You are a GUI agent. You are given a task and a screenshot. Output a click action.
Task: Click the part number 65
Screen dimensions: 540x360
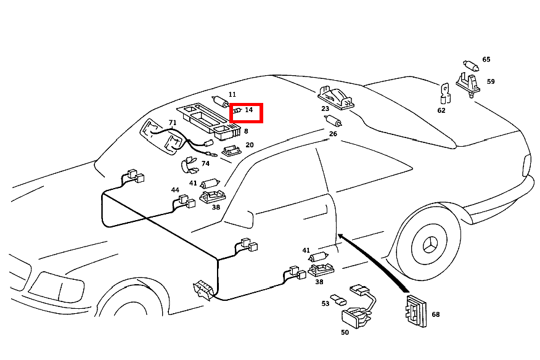pos(486,59)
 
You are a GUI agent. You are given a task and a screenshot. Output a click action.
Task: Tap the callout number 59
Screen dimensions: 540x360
pos(491,81)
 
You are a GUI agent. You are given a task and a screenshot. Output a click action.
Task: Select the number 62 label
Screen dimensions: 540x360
pos(441,110)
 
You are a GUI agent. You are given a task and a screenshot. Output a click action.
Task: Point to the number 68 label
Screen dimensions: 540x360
pos(436,314)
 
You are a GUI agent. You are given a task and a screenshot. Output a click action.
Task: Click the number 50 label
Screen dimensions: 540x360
pos(345,332)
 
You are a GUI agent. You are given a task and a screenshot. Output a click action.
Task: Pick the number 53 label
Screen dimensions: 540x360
pos(325,303)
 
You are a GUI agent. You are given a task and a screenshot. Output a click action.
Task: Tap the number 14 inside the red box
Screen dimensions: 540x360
pos(248,110)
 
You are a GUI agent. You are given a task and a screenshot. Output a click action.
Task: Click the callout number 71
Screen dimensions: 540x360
pos(173,122)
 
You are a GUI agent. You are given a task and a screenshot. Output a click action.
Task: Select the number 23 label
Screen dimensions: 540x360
pos(325,108)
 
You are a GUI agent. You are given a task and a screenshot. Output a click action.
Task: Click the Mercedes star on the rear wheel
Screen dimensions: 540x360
pos(429,245)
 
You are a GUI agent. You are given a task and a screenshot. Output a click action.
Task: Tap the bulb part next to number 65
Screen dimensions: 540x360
pos(471,65)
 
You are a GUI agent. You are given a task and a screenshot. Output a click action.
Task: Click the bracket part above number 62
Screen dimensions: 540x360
pos(445,93)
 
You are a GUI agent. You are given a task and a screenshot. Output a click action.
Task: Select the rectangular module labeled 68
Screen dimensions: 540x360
pos(416,311)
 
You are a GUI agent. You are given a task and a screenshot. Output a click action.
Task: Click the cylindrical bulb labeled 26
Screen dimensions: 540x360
pos(333,121)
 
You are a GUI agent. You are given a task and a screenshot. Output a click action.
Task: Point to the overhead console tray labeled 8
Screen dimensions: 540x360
pos(209,121)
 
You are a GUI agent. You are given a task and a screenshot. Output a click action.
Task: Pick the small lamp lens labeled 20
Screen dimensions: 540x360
pos(231,150)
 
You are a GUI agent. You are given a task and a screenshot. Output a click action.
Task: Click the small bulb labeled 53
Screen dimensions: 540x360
pos(338,299)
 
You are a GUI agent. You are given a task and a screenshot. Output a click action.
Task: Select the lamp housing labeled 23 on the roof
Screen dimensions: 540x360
pos(336,97)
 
